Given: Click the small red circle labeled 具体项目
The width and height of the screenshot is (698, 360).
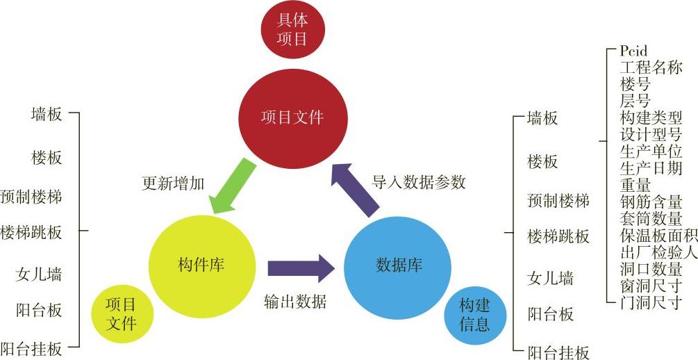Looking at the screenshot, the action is [292, 31].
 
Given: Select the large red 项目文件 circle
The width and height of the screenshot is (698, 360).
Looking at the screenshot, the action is [292, 117].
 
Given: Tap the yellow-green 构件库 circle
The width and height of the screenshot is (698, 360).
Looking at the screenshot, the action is [200, 265].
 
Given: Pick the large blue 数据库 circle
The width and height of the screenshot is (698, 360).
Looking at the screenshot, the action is [398, 265].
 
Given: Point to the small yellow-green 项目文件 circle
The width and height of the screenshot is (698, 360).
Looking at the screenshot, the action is [121, 315].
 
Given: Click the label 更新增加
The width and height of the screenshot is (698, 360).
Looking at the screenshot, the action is [173, 183].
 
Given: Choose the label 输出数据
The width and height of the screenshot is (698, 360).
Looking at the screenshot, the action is [295, 302].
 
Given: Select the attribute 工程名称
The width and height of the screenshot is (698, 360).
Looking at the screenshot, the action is [651, 67].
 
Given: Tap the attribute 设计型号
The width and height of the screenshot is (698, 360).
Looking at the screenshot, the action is [651, 134].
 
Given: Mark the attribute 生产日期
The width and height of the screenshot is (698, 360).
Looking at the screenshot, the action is [651, 168].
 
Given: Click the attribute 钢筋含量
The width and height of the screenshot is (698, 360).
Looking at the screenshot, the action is [651, 202].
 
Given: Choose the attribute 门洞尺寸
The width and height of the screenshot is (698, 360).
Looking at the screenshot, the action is [651, 302].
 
